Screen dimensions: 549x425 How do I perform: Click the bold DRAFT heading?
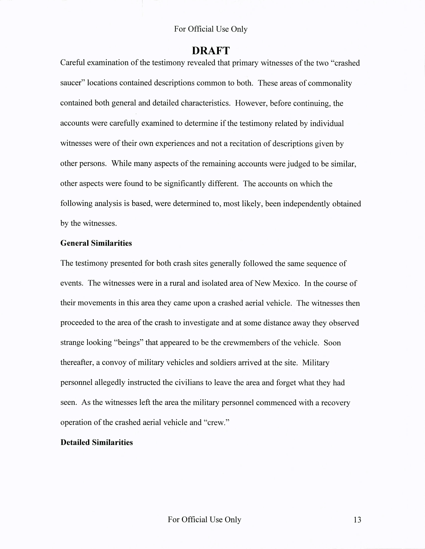[211, 51]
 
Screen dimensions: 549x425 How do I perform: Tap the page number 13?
[357, 520]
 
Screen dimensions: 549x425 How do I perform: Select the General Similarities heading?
[96, 243]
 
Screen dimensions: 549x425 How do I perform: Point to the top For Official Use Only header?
[211, 29]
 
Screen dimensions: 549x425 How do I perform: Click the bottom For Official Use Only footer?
[204, 519]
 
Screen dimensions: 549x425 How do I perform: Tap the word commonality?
[330, 83]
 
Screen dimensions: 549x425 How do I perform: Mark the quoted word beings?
[129, 343]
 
